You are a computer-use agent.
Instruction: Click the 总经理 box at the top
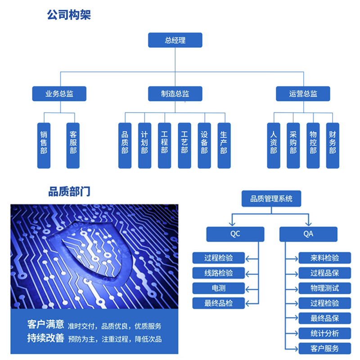[175, 40]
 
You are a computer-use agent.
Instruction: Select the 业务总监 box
[59, 94]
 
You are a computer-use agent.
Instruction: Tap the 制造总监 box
[175, 94]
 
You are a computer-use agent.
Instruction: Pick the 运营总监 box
[303, 94]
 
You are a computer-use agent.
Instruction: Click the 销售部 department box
[44, 145]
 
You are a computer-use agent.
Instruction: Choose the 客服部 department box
[73, 145]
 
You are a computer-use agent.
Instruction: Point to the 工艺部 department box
[184, 145]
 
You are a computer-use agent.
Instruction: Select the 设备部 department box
[204, 145]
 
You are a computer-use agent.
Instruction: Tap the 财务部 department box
[333, 145]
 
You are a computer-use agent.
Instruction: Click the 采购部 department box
[293, 145]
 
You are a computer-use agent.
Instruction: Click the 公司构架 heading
[69, 15]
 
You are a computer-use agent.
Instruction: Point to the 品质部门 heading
[69, 192]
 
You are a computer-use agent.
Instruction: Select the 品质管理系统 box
[271, 198]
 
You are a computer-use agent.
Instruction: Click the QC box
[235, 234]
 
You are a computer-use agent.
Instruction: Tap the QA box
[308, 234]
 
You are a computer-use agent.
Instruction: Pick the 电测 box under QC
[219, 288]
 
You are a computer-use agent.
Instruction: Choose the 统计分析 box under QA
[324, 333]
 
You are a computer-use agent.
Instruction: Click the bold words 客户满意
[46, 324]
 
